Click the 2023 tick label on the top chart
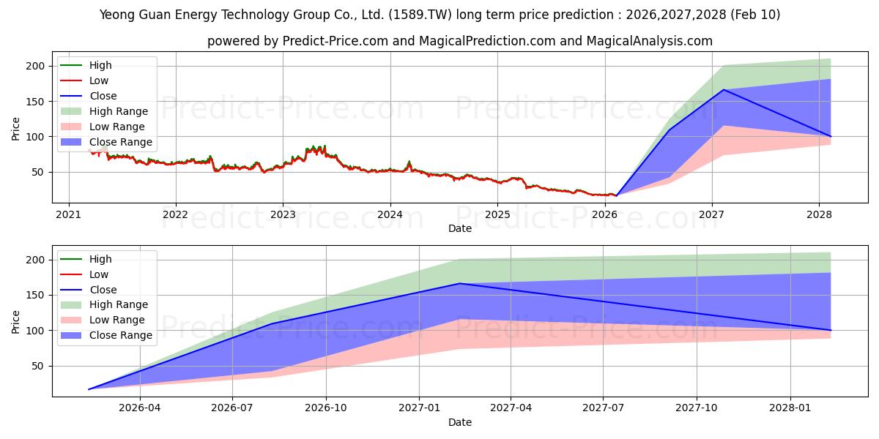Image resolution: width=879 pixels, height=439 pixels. point(283,214)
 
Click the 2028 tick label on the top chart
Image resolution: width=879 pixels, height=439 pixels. point(819,214)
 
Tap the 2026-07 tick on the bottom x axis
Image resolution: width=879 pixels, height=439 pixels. point(232,408)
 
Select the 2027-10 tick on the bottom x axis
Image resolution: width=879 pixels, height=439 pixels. point(697,408)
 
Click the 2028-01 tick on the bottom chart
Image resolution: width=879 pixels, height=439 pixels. point(790,408)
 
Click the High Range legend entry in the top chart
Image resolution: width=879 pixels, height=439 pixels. point(118,111)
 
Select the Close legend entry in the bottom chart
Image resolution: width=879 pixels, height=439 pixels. point(103,290)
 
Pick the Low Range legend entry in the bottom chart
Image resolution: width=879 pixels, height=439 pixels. point(117,320)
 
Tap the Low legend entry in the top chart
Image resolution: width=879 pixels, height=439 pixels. point(99,80)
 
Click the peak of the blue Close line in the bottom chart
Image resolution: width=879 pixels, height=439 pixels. point(459,283)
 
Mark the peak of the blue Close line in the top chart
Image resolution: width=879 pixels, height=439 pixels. point(724,90)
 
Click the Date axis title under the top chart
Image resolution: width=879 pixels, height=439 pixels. point(460,228)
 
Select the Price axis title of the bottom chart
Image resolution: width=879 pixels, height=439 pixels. point(15,321)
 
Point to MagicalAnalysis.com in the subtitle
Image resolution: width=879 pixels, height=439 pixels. point(649,41)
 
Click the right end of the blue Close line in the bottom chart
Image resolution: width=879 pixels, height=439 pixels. point(831,330)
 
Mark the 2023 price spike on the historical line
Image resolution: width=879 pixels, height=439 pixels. point(314,147)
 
